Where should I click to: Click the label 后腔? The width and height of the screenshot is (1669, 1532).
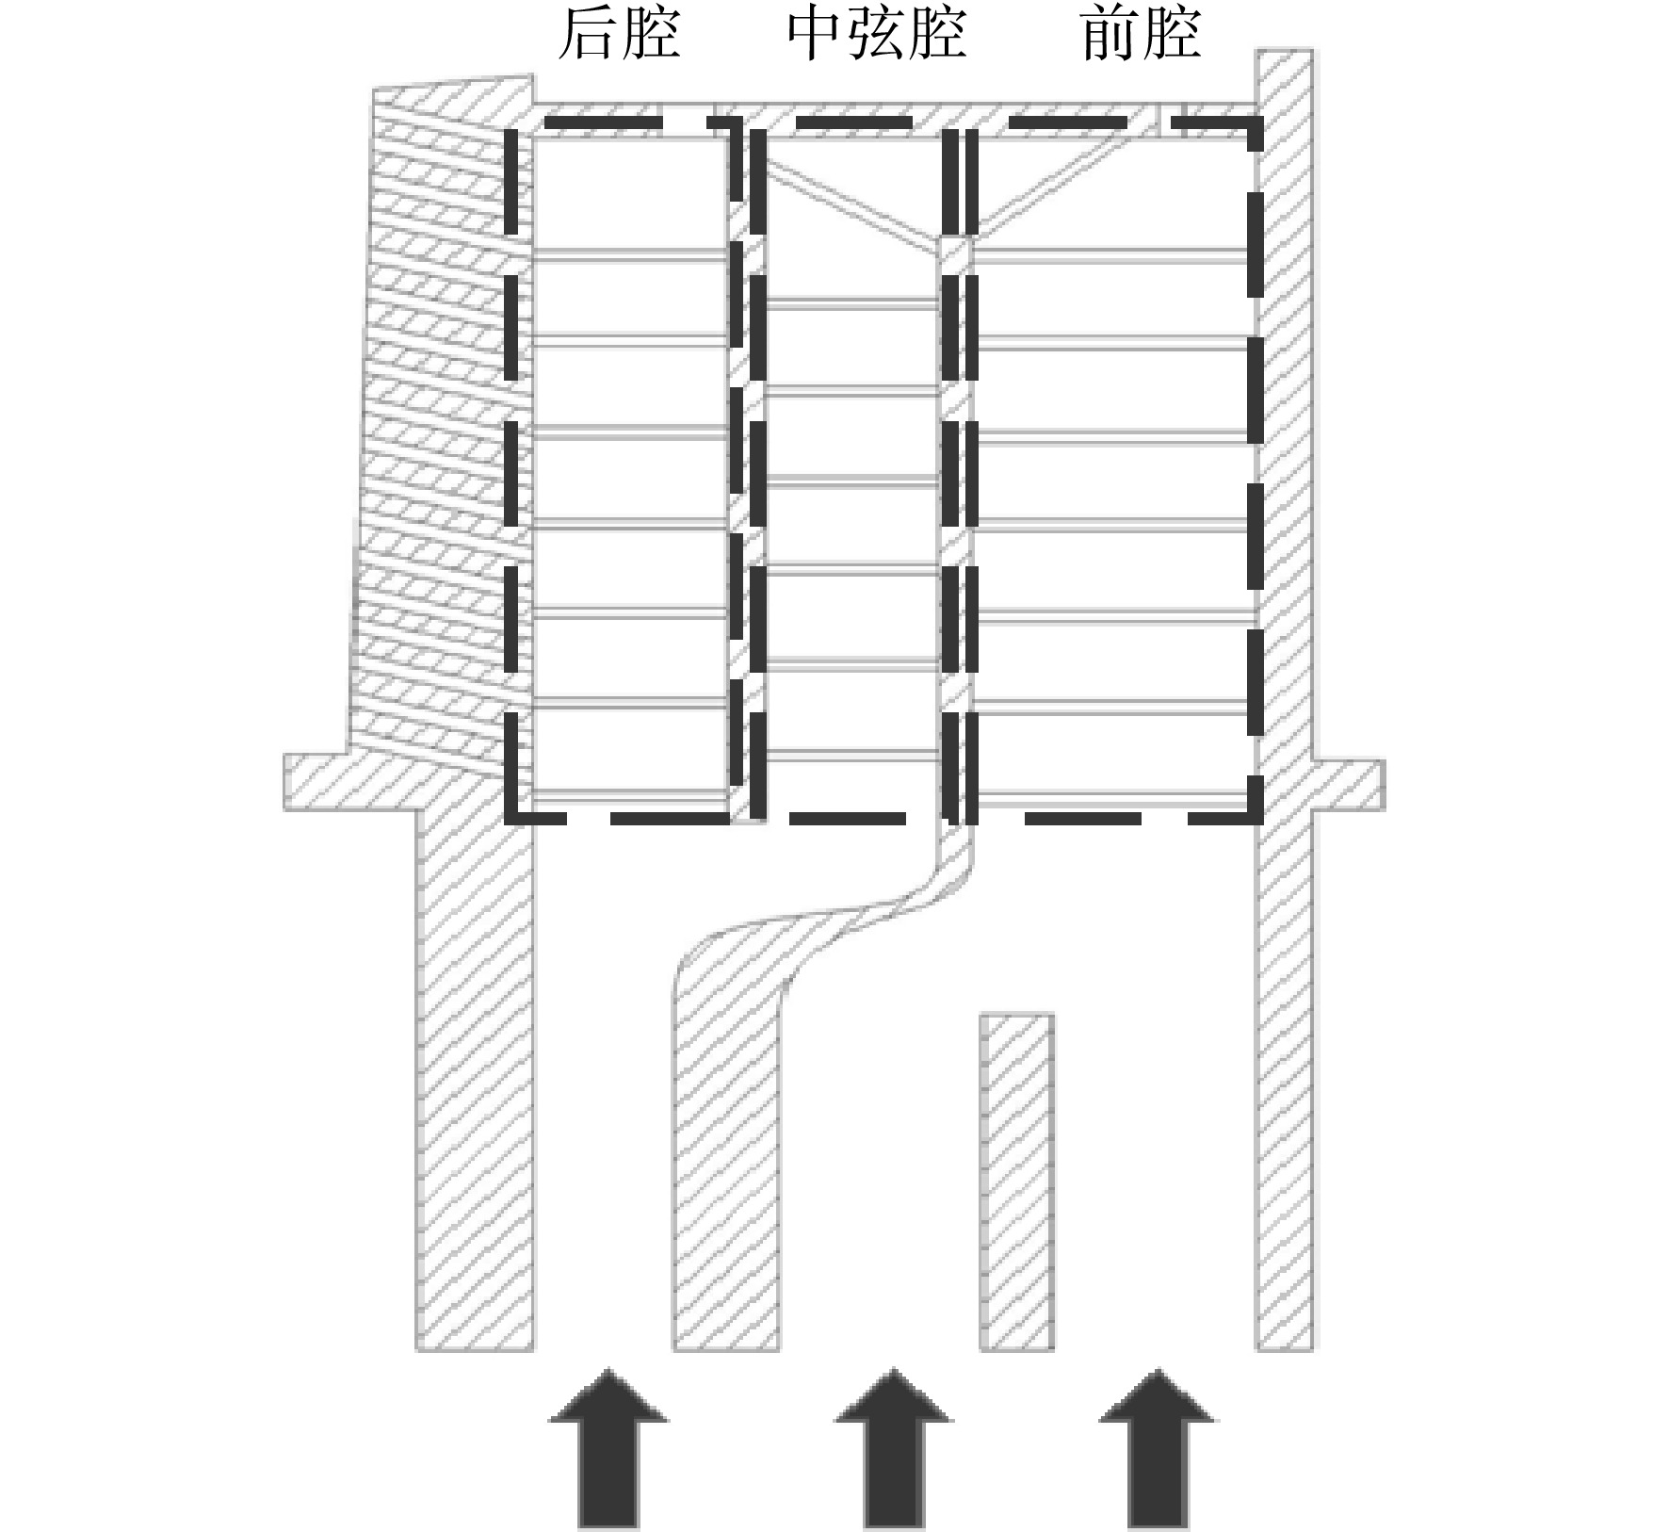point(619,35)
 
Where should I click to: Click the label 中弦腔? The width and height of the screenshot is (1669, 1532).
point(877,35)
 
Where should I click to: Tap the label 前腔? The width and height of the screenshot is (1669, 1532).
point(1141,35)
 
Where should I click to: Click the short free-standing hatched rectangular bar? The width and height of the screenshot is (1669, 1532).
point(1016,1182)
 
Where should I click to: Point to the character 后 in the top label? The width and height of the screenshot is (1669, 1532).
point(588,35)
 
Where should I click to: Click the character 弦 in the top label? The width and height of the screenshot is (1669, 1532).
point(877,35)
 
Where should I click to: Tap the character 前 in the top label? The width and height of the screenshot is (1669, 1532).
point(1110,35)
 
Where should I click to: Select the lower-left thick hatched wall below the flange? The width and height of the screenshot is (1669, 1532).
point(475,1080)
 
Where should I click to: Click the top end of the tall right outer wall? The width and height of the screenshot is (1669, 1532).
point(1285,51)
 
